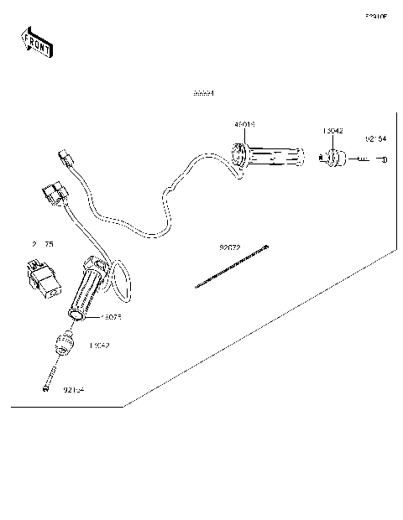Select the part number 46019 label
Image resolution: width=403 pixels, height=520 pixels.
coord(244,124)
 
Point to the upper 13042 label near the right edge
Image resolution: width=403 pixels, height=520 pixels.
coord(332,131)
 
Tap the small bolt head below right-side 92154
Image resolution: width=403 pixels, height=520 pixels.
coord(383,158)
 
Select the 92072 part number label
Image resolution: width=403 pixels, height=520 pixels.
coord(229,248)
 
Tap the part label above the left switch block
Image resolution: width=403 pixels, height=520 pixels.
coord(42,244)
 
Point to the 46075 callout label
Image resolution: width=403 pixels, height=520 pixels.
coord(111,318)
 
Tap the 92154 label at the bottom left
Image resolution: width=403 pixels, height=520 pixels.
coord(75,390)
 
